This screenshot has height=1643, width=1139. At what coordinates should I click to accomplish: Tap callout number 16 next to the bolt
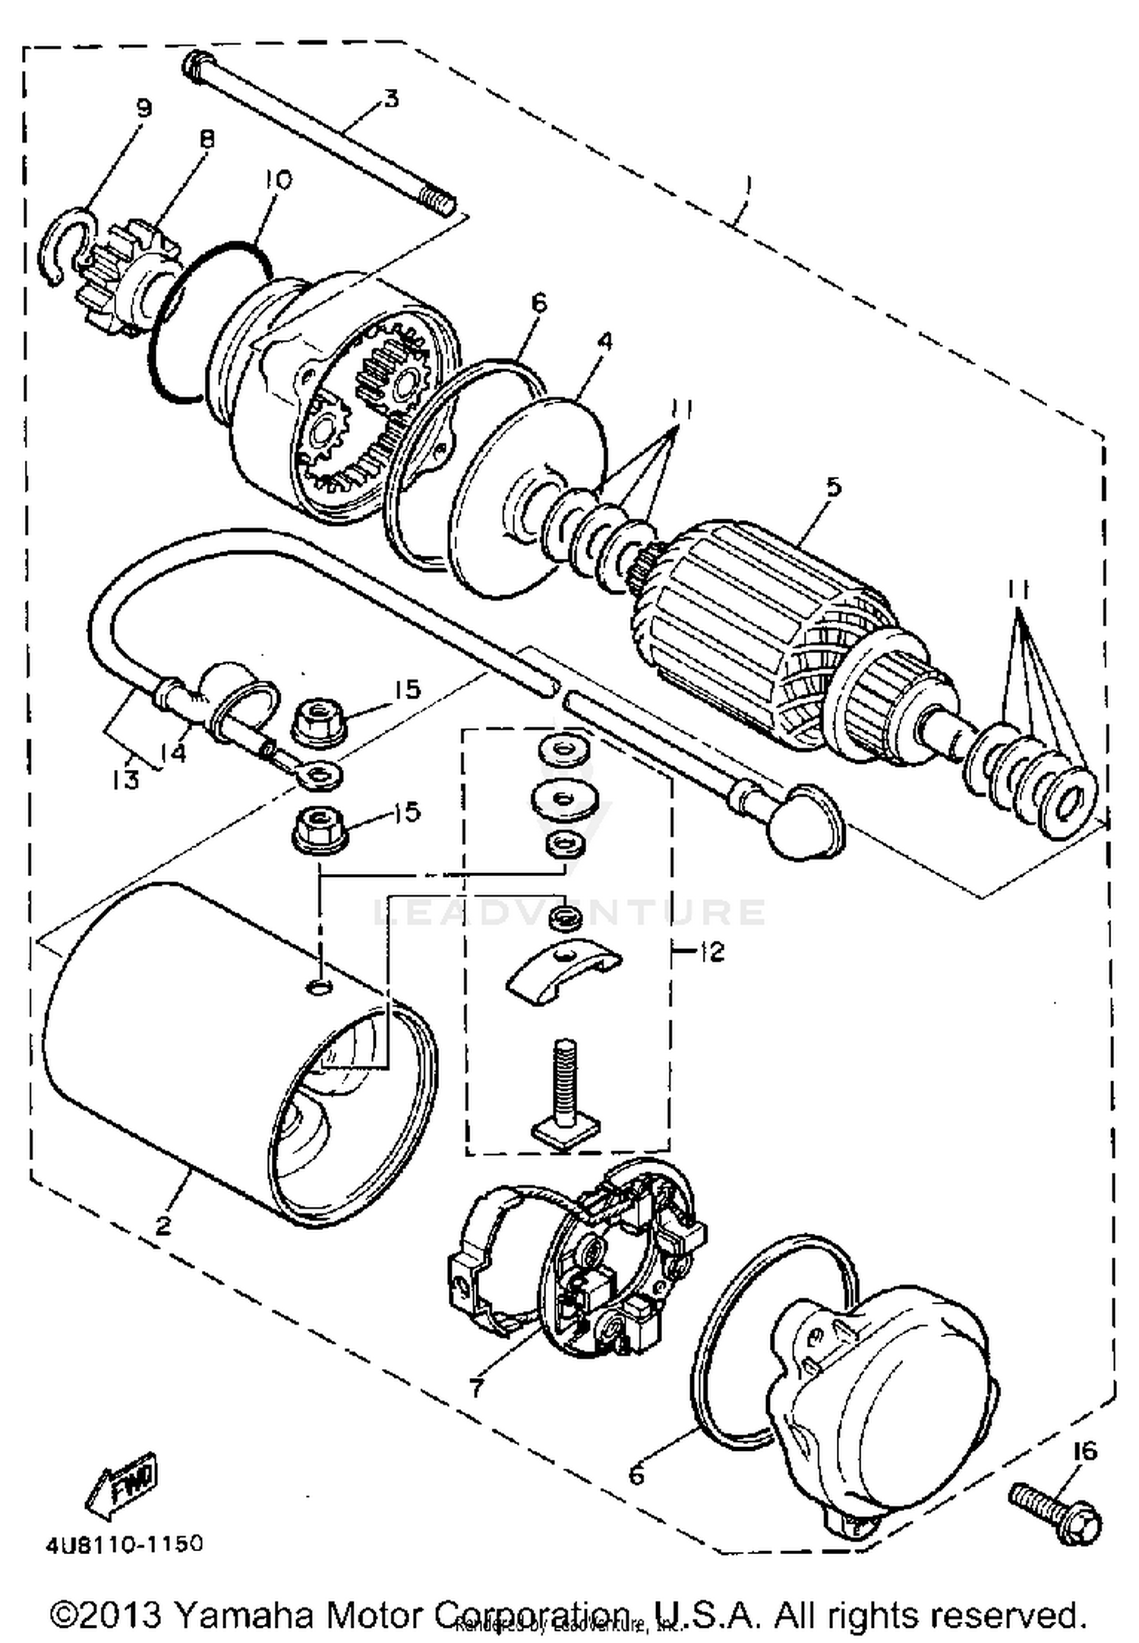(x=1085, y=1451)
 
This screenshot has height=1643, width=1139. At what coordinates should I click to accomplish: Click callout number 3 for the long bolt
(x=390, y=99)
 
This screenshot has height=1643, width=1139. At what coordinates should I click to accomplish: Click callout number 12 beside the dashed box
(x=711, y=951)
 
